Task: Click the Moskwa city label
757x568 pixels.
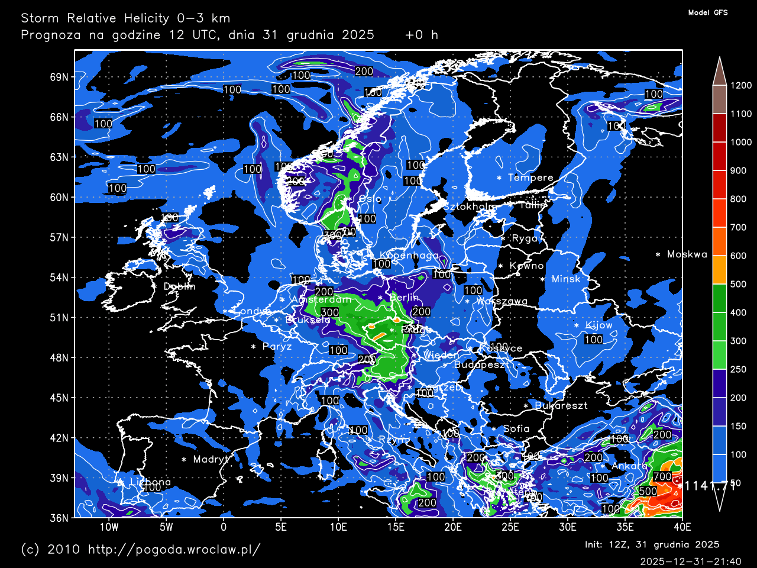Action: (687, 254)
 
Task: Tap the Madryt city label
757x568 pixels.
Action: (211, 459)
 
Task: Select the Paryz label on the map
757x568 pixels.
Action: (277, 346)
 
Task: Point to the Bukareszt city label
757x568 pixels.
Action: (561, 405)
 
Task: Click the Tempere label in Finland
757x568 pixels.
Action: (530, 177)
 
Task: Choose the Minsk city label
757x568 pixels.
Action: (566, 279)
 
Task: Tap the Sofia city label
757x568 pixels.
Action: (516, 428)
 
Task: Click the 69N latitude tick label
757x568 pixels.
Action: (59, 77)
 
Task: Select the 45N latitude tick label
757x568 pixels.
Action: (59, 398)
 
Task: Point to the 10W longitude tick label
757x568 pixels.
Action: (109, 527)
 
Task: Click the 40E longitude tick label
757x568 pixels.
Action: (682, 527)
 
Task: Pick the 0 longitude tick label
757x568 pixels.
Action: (224, 527)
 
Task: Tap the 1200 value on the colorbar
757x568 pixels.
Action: (740, 85)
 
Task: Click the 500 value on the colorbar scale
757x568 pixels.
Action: (737, 284)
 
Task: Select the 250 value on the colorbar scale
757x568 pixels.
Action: (737, 369)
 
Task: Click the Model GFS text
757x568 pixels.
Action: (708, 12)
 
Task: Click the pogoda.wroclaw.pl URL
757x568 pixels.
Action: (174, 549)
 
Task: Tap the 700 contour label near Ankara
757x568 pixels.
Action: (662, 476)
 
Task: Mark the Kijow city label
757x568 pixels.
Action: (599, 325)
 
